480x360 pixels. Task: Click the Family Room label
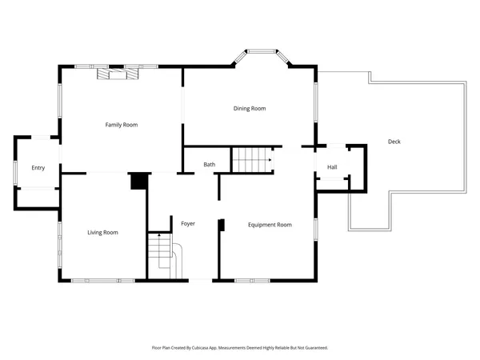point(122,125)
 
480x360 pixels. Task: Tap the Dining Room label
point(250,109)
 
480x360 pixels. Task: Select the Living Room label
point(102,233)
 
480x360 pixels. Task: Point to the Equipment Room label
point(270,226)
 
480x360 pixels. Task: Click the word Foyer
point(188,224)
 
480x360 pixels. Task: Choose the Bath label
point(209,165)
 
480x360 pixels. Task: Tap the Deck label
point(394,142)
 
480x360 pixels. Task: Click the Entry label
point(38,168)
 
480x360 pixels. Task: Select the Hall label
point(332,167)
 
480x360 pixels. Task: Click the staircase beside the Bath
point(252,160)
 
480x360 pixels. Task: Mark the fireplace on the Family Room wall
point(117,74)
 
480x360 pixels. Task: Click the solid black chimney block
point(139,182)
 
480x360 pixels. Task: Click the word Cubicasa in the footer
point(210,348)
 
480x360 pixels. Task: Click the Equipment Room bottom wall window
point(257,280)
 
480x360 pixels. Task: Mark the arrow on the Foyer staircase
point(158,237)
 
